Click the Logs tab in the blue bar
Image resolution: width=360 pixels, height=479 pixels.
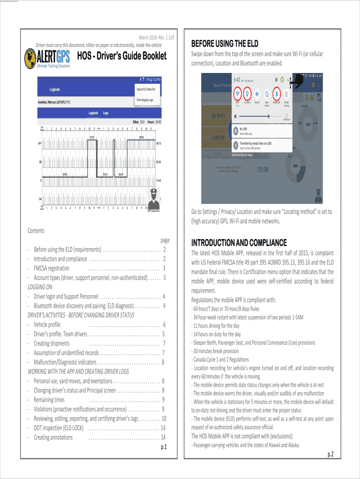106,113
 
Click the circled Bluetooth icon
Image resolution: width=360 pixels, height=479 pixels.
276,92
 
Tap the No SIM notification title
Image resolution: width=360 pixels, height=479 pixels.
244,129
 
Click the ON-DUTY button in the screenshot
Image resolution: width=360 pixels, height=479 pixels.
219,115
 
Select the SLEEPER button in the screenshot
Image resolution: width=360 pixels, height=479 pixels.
218,138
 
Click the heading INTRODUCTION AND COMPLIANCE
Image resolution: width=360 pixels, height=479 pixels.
239,243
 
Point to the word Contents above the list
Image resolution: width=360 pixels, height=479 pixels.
36,231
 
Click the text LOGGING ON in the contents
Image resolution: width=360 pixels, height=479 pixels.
40,287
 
